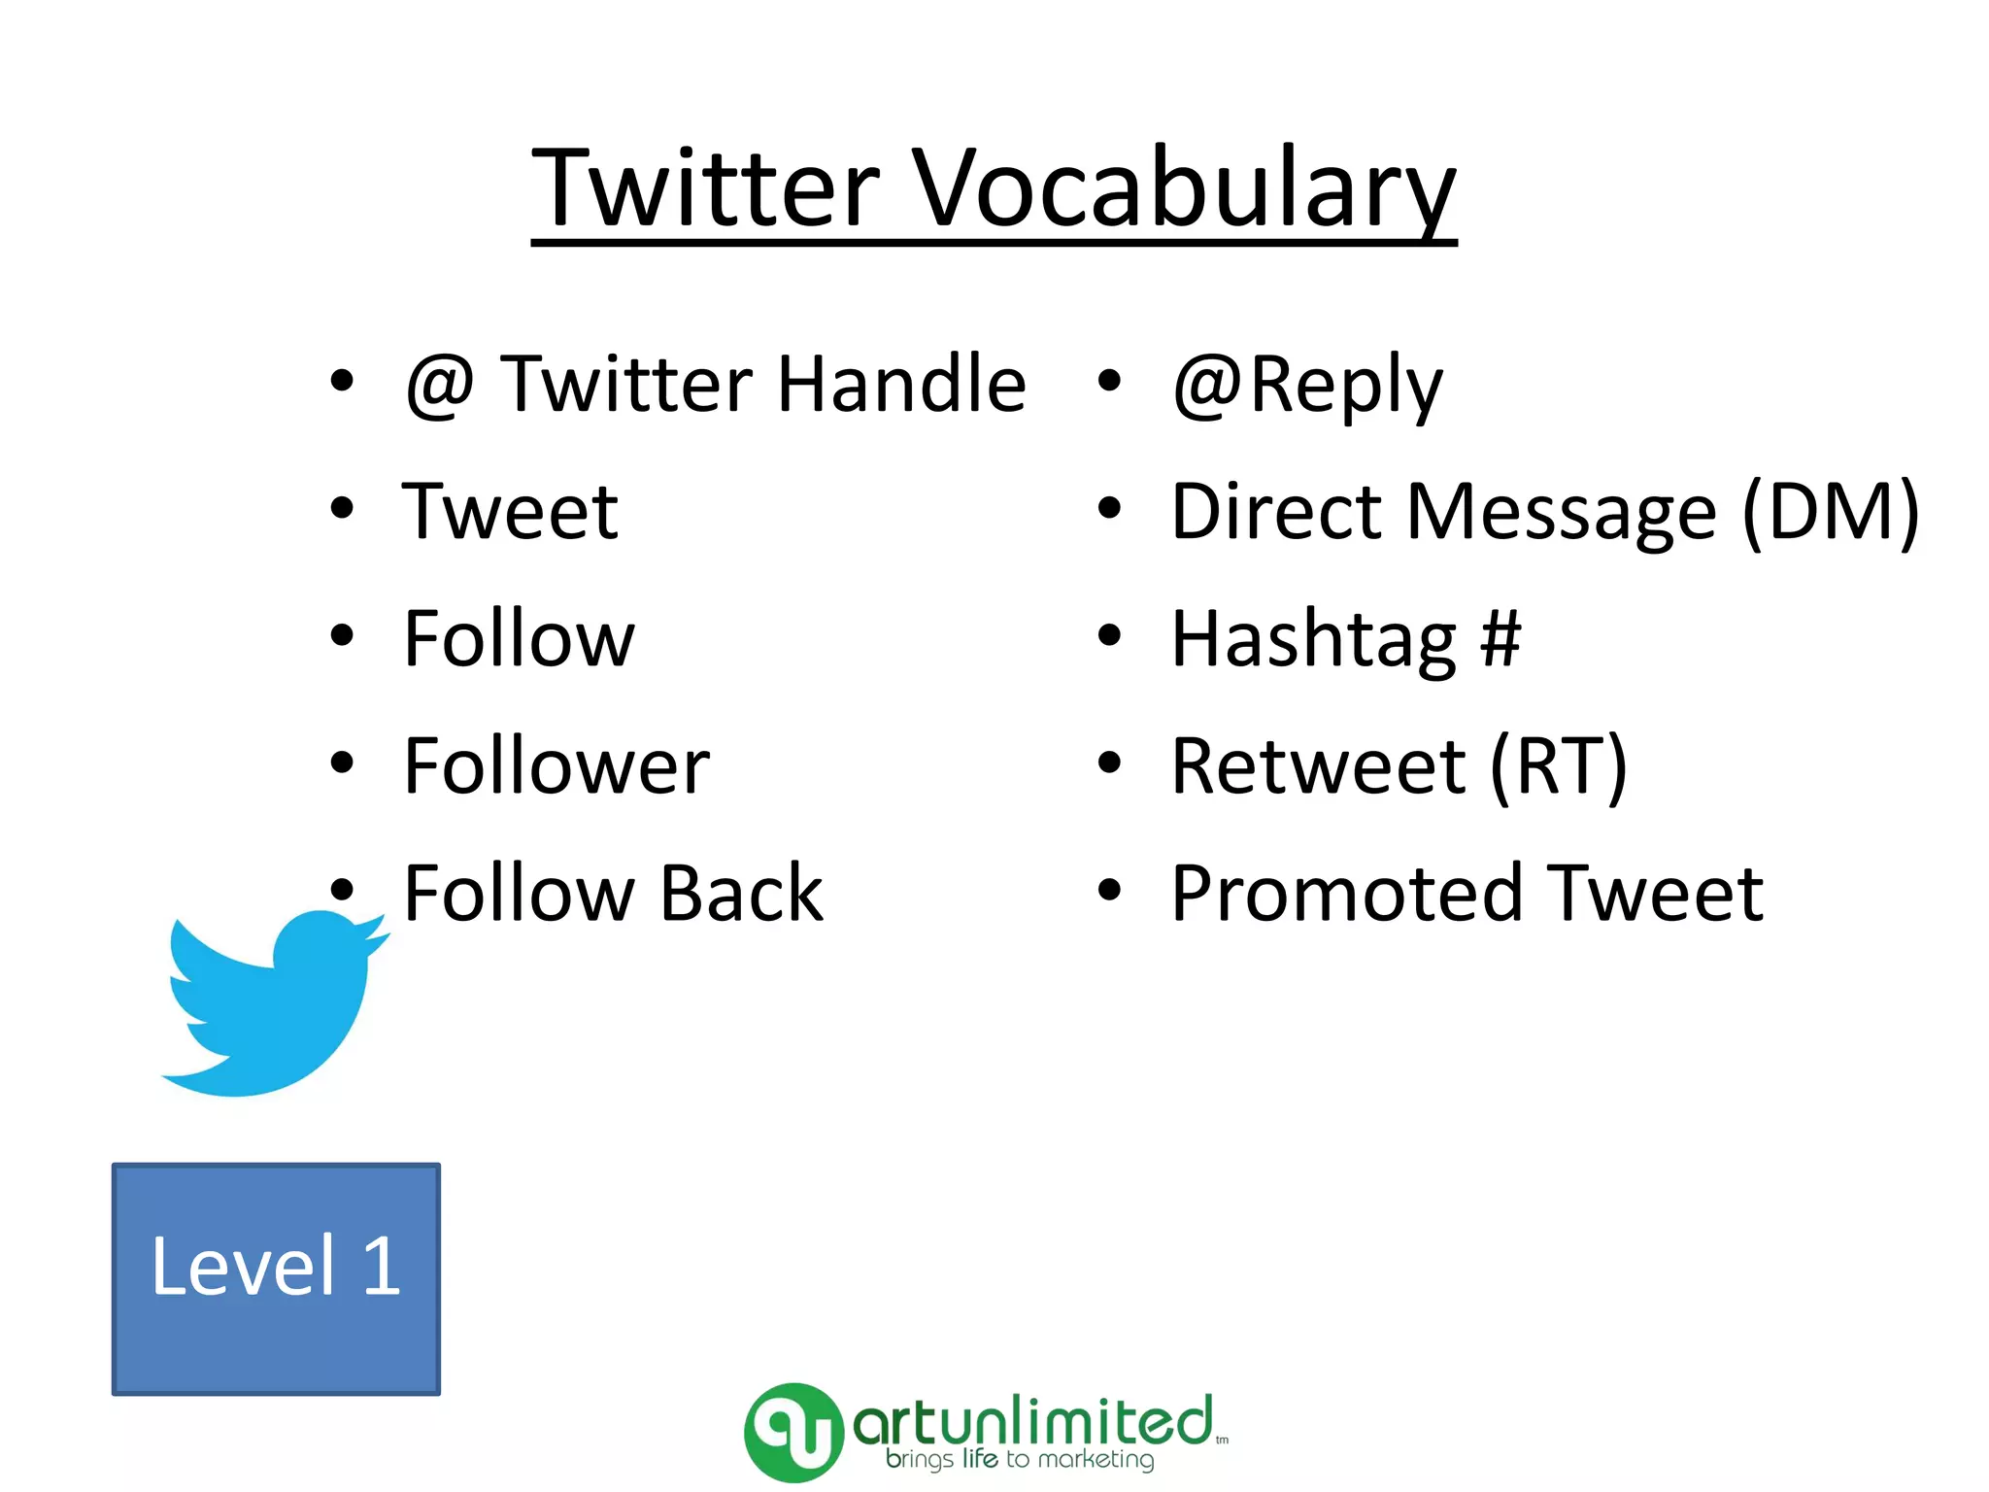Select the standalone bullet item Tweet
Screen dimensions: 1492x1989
pos(511,512)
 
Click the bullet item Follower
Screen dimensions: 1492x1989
pos(556,766)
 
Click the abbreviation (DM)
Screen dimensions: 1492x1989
pos(1830,512)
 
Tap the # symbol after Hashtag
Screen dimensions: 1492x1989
pos(1500,639)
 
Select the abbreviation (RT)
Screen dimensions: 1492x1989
pos(1558,766)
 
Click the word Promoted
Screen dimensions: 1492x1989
pos(1346,894)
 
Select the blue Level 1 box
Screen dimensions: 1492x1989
pos(276,1278)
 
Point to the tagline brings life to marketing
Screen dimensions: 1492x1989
pos(1020,1460)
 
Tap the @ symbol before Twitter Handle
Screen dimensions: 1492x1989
pos(440,385)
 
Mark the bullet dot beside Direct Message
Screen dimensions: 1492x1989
pos(1109,508)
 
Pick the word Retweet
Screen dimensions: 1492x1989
pos(1319,766)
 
